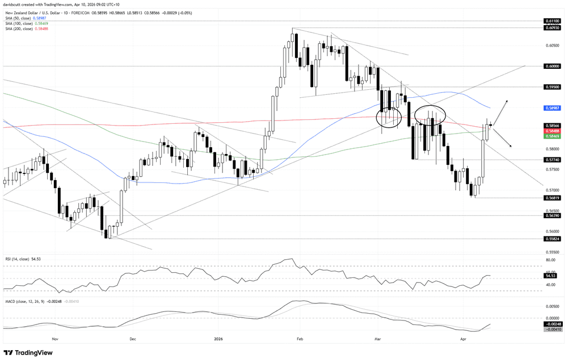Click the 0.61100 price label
[552, 20]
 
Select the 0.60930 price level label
[552, 27]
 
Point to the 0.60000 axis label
[552, 66]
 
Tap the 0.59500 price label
[552, 87]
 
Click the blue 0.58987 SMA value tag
[552, 107]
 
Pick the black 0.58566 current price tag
[552, 125]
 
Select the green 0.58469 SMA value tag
[552, 136]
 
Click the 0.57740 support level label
[552, 160]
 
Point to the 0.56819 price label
[552, 198]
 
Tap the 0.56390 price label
[552, 216]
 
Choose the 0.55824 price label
[552, 239]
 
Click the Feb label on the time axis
[284, 338]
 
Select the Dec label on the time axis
[132, 338]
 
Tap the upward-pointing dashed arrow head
[506, 101]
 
